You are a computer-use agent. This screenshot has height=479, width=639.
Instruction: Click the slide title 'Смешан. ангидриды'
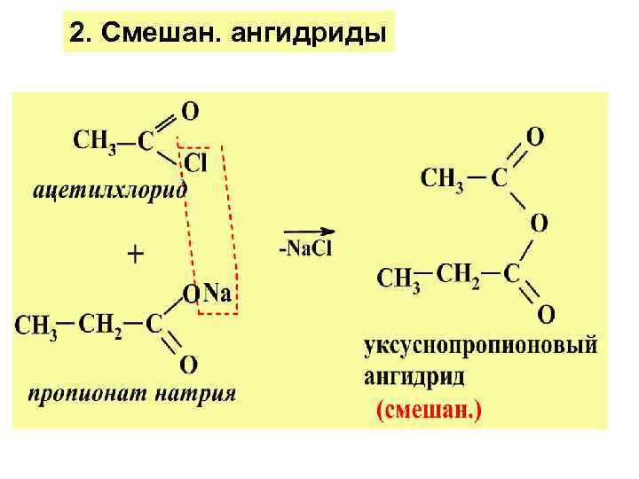pos(244,34)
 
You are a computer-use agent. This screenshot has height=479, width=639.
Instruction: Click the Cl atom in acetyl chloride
pos(196,162)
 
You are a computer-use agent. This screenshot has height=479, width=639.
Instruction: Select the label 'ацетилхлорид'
pos(111,190)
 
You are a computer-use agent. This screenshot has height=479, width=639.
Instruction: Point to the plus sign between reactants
pos(137,255)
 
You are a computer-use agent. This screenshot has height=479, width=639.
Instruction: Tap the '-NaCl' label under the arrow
pos(305,248)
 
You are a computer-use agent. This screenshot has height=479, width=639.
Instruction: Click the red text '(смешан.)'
pos(429,412)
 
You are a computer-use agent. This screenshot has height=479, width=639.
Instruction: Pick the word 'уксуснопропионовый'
pos(480,346)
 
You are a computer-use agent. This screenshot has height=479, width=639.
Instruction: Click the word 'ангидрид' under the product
pos(414,377)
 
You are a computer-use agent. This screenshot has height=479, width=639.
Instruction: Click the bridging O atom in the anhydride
pos(538,222)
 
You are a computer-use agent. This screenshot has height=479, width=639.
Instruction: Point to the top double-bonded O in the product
pos(535,137)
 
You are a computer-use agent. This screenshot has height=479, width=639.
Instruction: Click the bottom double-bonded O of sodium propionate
pos(188,364)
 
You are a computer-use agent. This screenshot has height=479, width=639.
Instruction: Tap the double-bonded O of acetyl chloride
pos(190,111)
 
